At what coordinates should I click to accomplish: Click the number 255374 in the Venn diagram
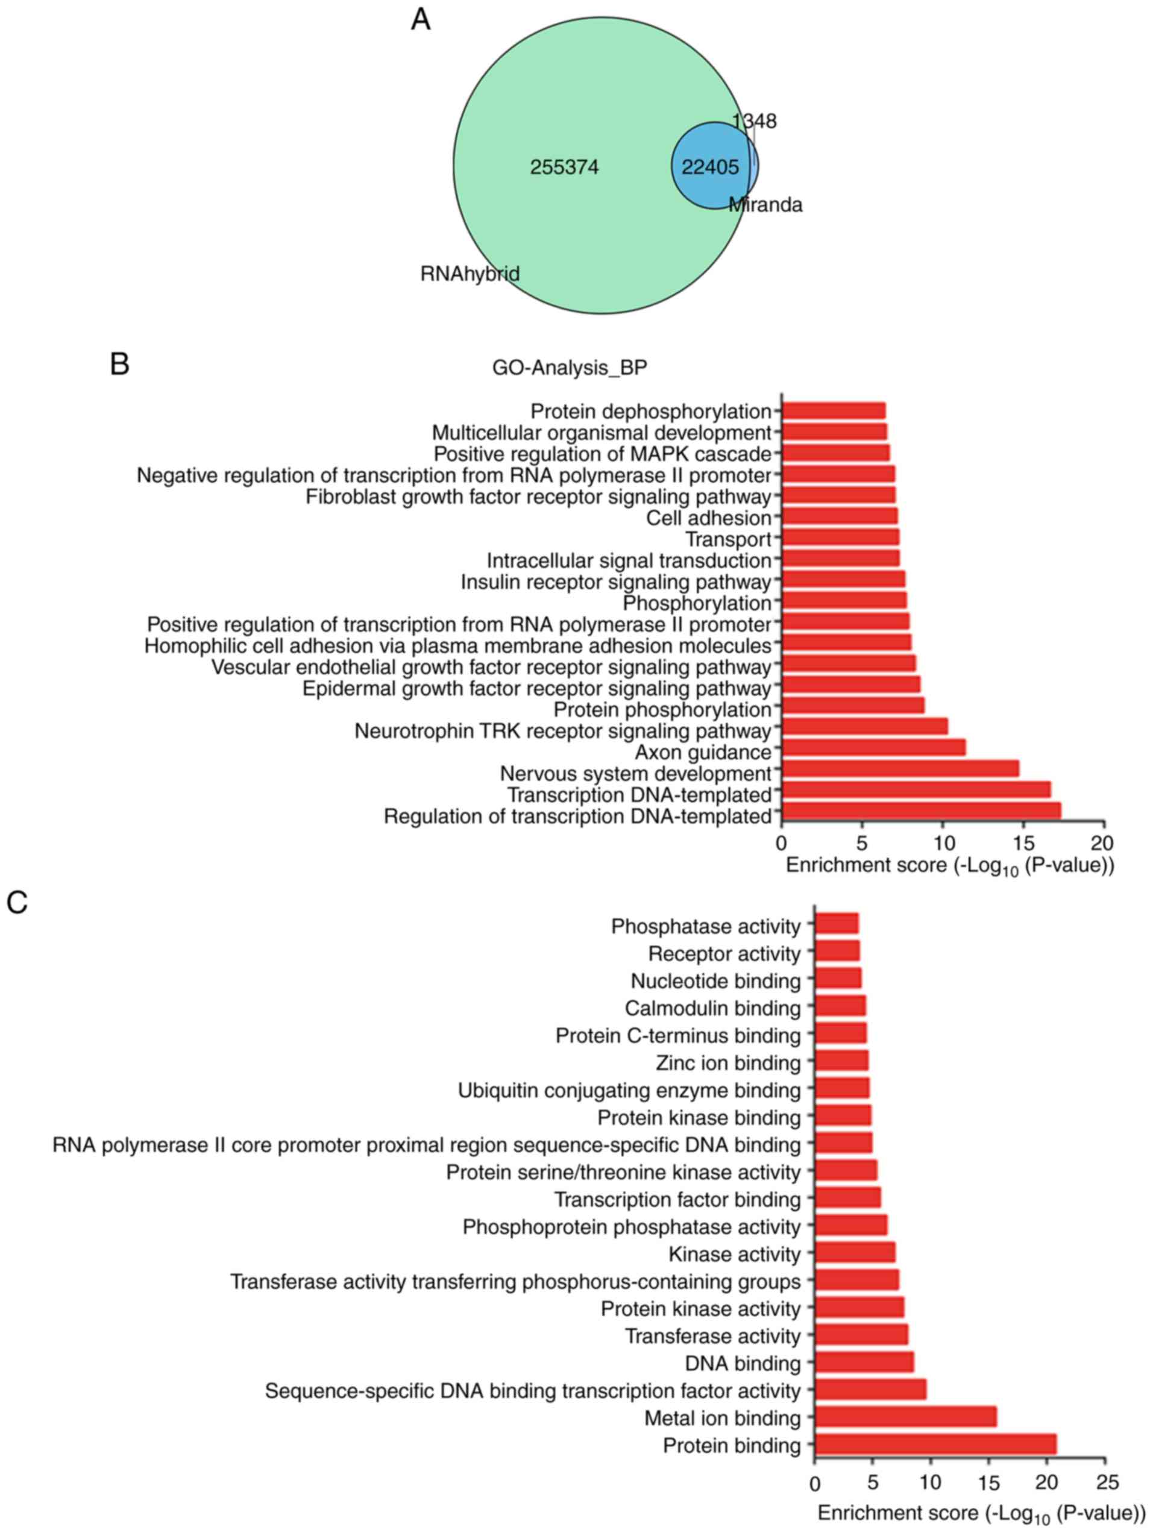click(x=564, y=167)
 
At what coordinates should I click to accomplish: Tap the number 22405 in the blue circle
click(x=709, y=167)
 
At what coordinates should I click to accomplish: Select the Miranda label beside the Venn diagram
click(x=765, y=205)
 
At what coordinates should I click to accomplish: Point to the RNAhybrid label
click(x=470, y=274)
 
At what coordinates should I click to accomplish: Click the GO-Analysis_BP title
click(x=569, y=368)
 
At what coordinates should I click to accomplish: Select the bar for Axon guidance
click(x=873, y=748)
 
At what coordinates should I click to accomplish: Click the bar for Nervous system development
click(x=900, y=768)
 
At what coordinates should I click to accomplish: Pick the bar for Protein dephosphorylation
click(x=834, y=411)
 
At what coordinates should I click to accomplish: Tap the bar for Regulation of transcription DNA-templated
click(x=921, y=811)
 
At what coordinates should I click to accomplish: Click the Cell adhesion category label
click(x=709, y=518)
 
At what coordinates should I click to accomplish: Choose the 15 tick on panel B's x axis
click(x=1023, y=843)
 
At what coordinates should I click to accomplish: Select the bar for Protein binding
click(x=935, y=1444)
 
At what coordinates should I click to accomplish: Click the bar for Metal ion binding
click(x=905, y=1417)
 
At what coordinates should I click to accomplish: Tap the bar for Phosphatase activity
click(x=837, y=924)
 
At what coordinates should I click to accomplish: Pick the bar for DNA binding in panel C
click(x=864, y=1362)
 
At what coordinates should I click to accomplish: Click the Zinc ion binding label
click(x=728, y=1063)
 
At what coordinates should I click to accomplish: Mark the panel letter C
click(x=17, y=903)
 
